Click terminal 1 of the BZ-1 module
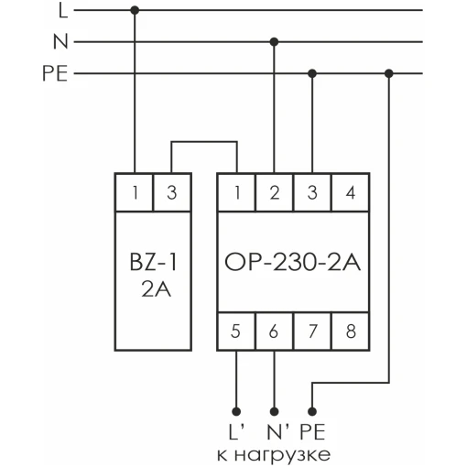pos(134,192)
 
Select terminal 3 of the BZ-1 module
pos(172,192)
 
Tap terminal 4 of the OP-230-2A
pos(350,192)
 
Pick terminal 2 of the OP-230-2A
pos(274,192)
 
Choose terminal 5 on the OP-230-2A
pos(236,331)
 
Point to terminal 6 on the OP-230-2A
pos(274,331)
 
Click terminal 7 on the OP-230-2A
pos(312,331)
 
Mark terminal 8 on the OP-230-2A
pos(350,331)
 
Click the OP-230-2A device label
pos(293,262)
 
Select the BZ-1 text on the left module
pos(153,262)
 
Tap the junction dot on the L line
pos(135,10)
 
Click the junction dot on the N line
pos(274,42)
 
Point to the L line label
pos(63,11)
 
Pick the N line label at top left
pos(60,41)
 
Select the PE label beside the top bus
pos(55,73)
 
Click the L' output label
pos(236,431)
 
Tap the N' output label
pos(278,431)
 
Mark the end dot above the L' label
pos(236,411)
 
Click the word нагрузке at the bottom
pos(282,456)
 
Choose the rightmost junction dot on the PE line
pos(388,73)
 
